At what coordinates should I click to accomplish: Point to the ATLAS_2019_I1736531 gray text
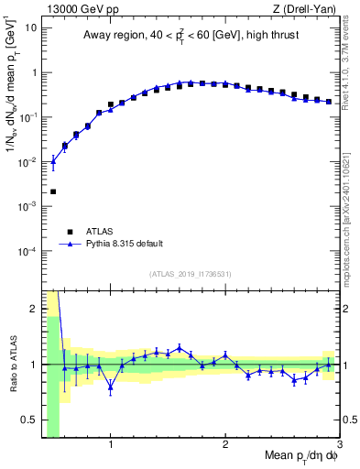click(191, 274)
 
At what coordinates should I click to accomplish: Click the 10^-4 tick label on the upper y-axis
click(27, 251)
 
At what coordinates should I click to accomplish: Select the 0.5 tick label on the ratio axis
click(29, 420)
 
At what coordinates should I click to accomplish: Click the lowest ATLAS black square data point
click(53, 191)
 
